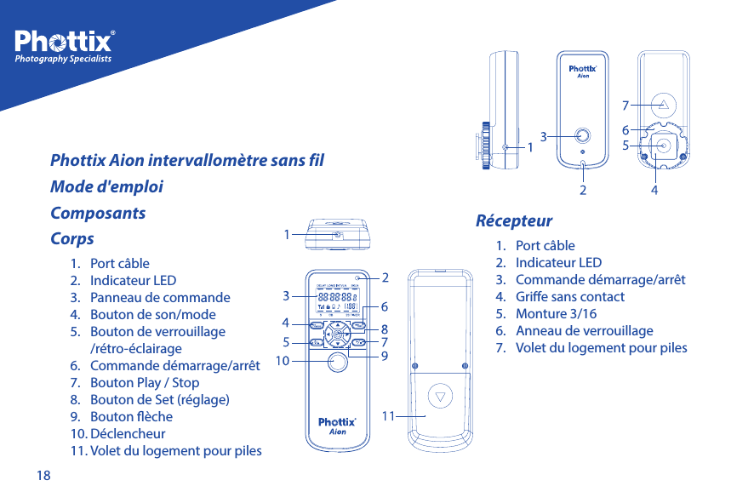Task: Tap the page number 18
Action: tap(43, 475)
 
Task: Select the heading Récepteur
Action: tap(513, 221)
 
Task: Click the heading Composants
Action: tap(98, 213)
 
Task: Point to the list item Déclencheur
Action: tap(127, 434)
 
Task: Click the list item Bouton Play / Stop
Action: tap(144, 383)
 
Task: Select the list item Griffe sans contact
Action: tap(569, 297)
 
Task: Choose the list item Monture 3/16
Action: tap(556, 314)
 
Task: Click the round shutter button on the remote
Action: tap(338, 363)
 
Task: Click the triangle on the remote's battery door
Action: tap(439, 396)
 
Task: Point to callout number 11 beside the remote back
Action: tap(388, 416)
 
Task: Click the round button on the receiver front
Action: tap(582, 134)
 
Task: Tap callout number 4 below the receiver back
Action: tap(654, 191)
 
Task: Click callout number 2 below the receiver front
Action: tap(583, 191)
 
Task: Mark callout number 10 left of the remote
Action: tap(283, 361)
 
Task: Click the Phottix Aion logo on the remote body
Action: tap(337, 426)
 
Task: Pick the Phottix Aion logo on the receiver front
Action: tap(582, 71)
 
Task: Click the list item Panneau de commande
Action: tap(159, 298)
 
